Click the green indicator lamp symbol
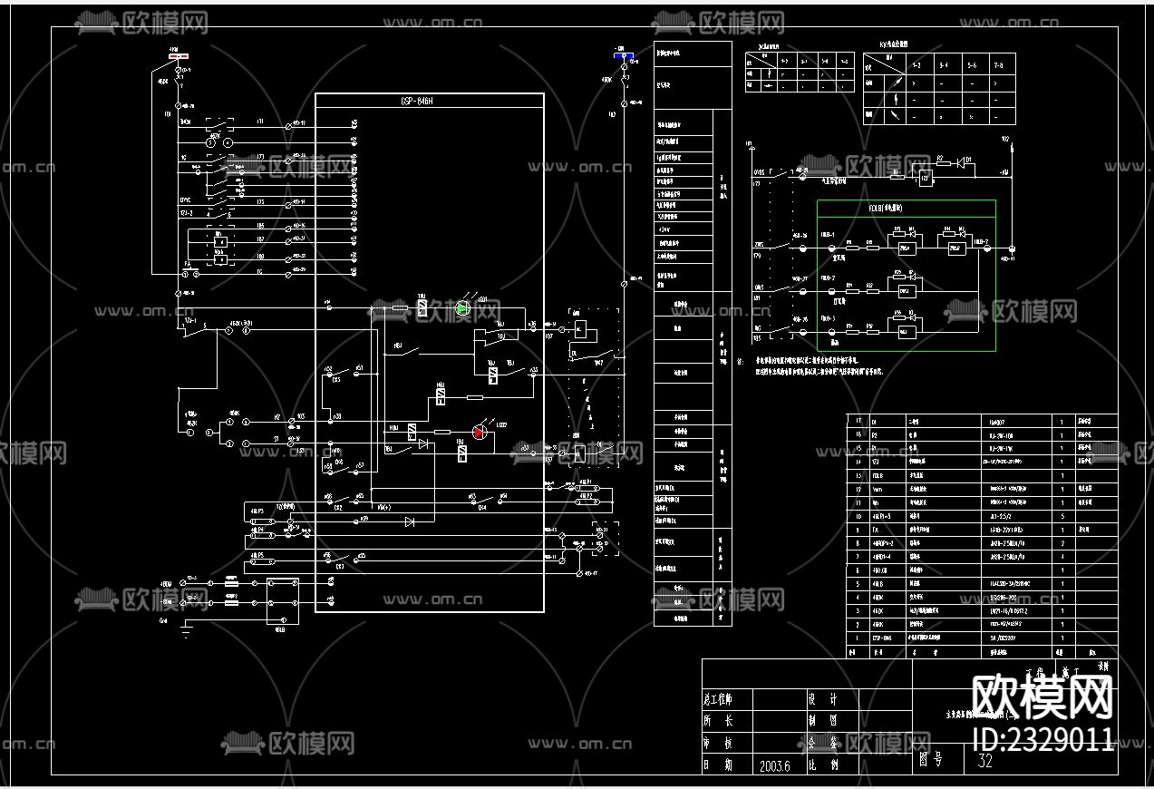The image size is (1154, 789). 462,308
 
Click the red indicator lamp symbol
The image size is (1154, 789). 479,432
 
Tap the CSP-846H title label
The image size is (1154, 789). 417,102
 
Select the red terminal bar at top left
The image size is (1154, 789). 179,54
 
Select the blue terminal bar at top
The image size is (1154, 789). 623,55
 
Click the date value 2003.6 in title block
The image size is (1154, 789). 775,765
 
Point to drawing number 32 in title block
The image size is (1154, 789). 985,761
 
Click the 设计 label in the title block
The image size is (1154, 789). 822,699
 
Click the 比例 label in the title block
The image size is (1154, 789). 822,765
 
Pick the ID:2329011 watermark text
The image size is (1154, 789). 1042,739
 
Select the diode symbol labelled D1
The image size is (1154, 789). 966,162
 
